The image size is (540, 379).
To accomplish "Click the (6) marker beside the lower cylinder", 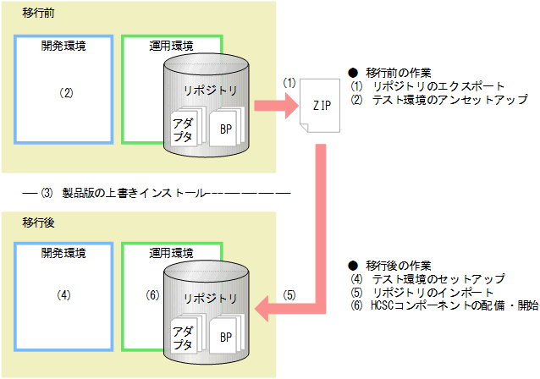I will click(152, 296).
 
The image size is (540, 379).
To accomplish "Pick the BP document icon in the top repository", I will click(226, 129).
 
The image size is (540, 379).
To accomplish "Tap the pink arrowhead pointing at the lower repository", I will click(267, 310).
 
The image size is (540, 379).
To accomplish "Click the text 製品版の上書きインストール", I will click(135, 192).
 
